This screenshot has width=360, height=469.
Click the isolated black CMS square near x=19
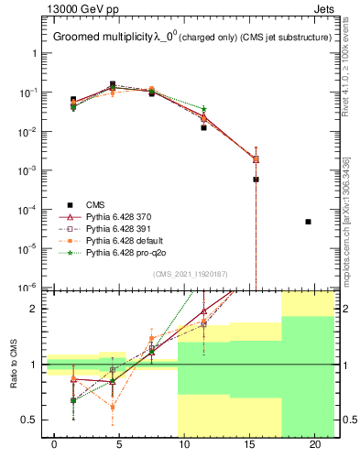point(309,222)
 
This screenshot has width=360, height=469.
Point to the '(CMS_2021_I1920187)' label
point(190,274)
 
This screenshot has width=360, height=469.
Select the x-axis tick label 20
point(315,445)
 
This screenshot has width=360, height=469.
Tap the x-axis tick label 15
point(250,445)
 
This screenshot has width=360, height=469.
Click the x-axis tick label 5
point(120,445)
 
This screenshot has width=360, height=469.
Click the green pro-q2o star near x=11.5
point(204,109)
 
